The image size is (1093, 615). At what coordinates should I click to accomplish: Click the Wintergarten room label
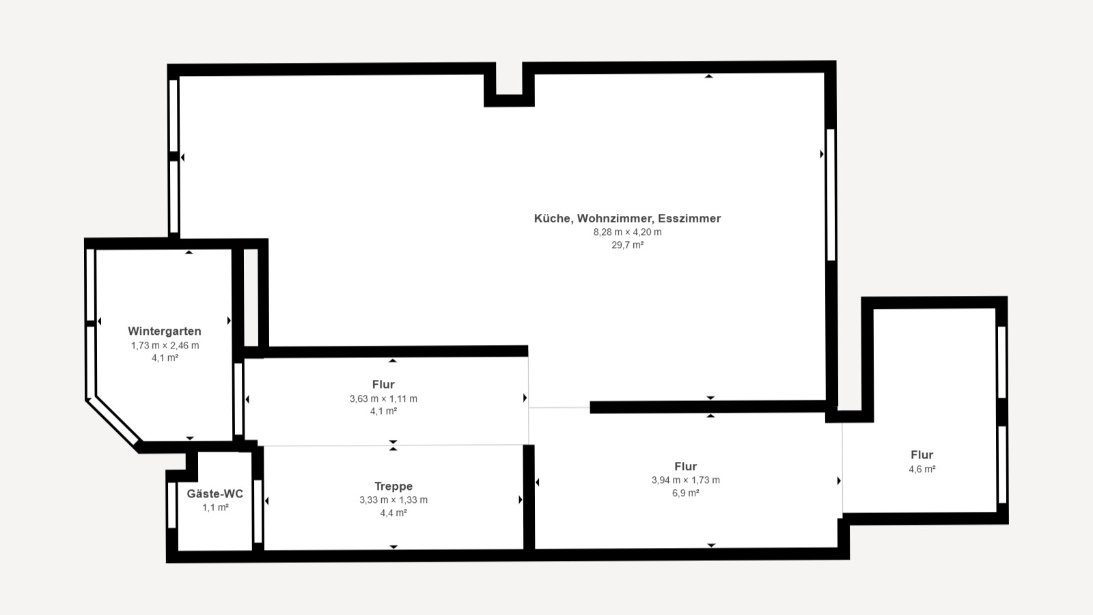164,331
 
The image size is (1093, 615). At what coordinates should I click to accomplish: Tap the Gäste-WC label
215,493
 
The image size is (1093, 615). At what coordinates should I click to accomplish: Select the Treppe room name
393,486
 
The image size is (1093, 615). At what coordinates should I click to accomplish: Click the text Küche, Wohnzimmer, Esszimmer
627,219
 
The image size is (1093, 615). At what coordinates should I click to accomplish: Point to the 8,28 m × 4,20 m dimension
627,232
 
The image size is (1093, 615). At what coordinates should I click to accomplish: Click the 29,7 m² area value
627,245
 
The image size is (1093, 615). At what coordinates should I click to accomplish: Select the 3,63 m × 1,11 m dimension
383,398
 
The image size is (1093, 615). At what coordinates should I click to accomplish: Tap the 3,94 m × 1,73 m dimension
685,480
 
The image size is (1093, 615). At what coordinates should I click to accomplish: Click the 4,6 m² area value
922,469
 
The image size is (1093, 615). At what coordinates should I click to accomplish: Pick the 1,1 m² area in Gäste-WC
215,507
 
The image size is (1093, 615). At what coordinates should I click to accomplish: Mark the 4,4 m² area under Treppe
393,512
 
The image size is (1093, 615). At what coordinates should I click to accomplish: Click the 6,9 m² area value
685,493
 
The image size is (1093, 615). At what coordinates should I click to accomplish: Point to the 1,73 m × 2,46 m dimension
165,345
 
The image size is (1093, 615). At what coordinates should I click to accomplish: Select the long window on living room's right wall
831,195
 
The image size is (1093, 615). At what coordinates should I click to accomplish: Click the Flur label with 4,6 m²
922,454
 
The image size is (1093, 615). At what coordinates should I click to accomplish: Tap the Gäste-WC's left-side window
172,506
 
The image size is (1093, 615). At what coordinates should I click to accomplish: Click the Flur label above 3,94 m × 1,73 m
685,466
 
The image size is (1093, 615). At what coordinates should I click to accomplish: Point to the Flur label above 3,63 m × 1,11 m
383,384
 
